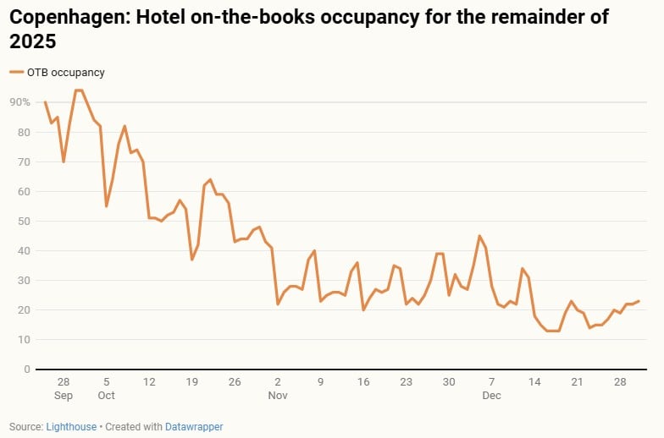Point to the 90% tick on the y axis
(19, 102)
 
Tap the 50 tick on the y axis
(25, 222)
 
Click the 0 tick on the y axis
(28, 370)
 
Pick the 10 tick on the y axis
(25, 340)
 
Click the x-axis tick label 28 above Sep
(64, 382)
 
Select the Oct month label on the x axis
(106, 395)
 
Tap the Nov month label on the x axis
(279, 395)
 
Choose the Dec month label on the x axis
(492, 395)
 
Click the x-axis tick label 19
(192, 382)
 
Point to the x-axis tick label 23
(406, 382)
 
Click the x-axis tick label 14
(534, 382)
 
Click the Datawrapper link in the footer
(195, 427)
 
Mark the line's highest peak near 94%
(78, 90)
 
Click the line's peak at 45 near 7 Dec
(479, 236)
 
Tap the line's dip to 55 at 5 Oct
(106, 206)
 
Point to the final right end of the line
(639, 301)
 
